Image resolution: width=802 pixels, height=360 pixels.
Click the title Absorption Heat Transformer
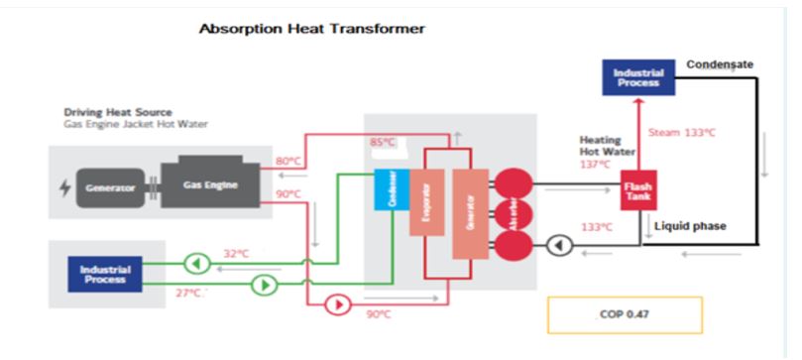pyautogui.click(x=312, y=29)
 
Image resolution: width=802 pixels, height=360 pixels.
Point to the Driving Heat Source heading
pyautogui.click(x=118, y=112)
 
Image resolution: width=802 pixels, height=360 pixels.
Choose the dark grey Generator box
pyautogui.click(x=109, y=187)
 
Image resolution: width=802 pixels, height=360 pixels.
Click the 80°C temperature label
pyautogui.click(x=287, y=161)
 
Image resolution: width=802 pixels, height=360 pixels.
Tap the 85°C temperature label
pyautogui.click(x=383, y=143)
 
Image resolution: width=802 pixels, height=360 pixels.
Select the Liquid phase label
pyautogui.click(x=690, y=226)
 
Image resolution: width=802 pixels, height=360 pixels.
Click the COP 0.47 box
pyautogui.click(x=624, y=314)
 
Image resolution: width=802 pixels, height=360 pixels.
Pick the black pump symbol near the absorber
pyautogui.click(x=560, y=244)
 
